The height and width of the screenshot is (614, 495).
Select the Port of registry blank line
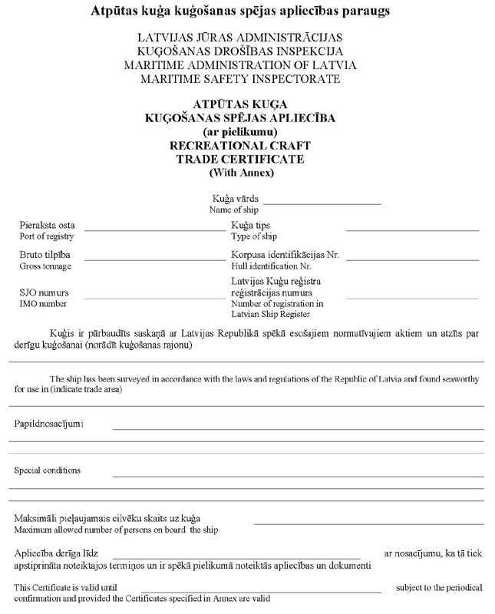pos(154,229)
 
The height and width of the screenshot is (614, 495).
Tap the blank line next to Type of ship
pos(412,229)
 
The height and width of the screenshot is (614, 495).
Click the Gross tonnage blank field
pos(154,259)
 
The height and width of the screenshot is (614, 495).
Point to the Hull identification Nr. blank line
pos(412,259)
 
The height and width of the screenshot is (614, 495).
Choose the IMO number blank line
pos(154,296)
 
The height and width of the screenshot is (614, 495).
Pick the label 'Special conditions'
pos(47,470)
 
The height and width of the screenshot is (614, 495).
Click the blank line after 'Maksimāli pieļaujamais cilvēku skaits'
pos(368,523)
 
